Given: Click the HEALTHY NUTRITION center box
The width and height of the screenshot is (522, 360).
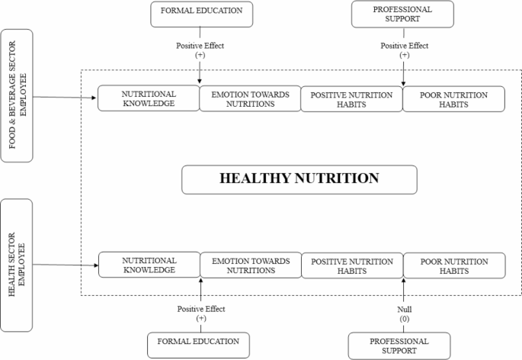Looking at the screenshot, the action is [x=299, y=180].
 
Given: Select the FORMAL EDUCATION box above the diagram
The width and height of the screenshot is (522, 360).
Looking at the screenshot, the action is [x=201, y=14].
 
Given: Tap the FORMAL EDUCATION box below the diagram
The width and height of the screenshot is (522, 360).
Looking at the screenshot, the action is [x=198, y=345].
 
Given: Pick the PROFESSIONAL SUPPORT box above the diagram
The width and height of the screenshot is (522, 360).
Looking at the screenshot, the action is [x=402, y=14].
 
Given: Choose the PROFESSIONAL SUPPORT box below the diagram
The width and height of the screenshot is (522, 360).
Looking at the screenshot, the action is [x=399, y=346].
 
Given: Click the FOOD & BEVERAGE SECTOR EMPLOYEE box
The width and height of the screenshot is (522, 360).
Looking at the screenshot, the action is [x=17, y=95].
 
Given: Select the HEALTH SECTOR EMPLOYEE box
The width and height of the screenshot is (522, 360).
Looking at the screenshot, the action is [x=17, y=265].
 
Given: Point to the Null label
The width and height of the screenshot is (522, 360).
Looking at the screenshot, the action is [x=404, y=310].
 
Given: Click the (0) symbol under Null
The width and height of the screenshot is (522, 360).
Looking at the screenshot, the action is [x=404, y=319].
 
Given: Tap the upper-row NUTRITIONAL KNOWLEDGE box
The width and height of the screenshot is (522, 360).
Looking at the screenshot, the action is [x=149, y=98].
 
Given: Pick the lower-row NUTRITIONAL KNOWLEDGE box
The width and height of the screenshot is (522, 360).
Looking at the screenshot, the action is [x=149, y=265].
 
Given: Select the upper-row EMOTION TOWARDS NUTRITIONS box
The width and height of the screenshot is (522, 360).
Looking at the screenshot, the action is [x=251, y=98].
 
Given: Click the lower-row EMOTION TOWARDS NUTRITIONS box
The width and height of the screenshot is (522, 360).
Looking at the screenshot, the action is [x=251, y=265].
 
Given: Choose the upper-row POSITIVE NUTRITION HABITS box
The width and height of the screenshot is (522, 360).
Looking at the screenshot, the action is [x=351, y=99].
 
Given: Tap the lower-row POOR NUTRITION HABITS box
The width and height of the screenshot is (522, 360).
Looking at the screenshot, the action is [x=454, y=265].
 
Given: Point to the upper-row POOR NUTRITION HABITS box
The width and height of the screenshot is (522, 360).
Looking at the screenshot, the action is [x=453, y=99].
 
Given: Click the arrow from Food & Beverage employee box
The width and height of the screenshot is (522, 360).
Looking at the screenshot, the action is [x=65, y=98].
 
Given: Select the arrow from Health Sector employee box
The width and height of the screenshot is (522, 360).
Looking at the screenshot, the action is [x=66, y=265].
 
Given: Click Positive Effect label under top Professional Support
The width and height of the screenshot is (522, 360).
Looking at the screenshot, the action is [x=405, y=46].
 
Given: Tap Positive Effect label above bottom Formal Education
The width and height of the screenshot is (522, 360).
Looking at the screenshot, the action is [x=201, y=309].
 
